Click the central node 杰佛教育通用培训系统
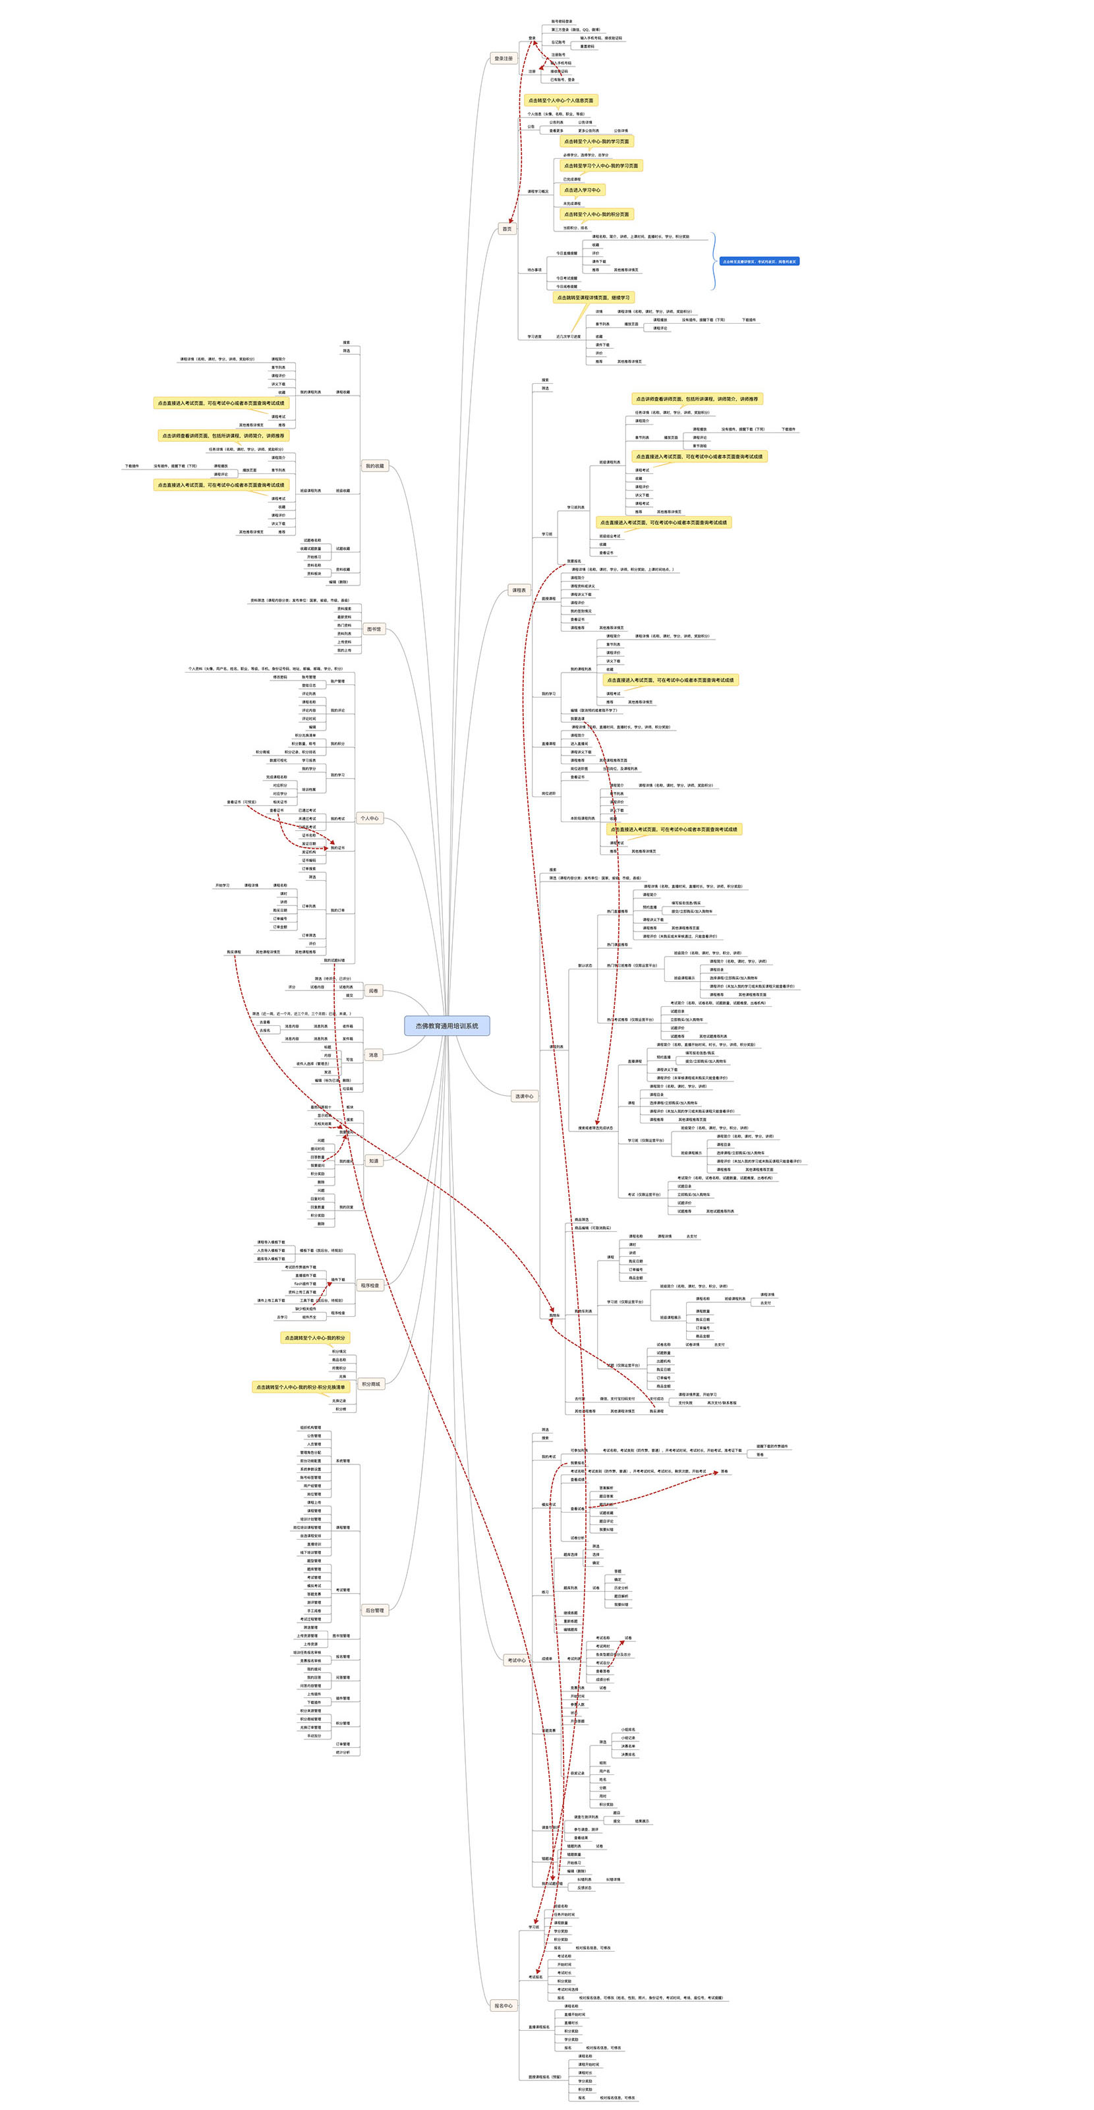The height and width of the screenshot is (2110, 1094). pyautogui.click(x=446, y=1025)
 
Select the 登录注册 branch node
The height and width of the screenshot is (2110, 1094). pyautogui.click(x=503, y=58)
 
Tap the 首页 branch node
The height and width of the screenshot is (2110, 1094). pyautogui.click(x=507, y=229)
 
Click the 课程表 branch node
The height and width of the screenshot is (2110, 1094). pyautogui.click(x=519, y=589)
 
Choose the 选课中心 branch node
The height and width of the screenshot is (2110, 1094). pyautogui.click(x=524, y=1096)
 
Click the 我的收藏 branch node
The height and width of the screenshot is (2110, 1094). pyautogui.click(x=374, y=466)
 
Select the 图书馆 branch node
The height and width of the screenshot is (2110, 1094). pyautogui.click(x=374, y=629)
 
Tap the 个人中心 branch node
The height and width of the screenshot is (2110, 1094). pyautogui.click(x=369, y=818)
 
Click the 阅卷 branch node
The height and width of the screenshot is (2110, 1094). pyautogui.click(x=374, y=990)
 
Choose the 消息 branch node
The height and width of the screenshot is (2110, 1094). pyautogui.click(x=374, y=1055)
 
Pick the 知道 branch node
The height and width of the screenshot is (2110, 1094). pyautogui.click(x=374, y=1160)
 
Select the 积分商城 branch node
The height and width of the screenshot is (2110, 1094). pyautogui.click(x=370, y=1383)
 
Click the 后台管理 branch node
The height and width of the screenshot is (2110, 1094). pyautogui.click(x=374, y=1610)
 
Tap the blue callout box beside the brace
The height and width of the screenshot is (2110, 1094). pyautogui.click(x=759, y=261)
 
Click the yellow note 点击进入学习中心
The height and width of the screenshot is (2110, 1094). pyautogui.click(x=581, y=190)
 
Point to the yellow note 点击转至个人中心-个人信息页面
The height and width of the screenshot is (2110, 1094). pyautogui.click(x=560, y=101)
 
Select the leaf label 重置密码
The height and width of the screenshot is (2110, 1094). pyautogui.click(x=587, y=47)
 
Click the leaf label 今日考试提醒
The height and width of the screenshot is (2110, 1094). pyautogui.click(x=567, y=278)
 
